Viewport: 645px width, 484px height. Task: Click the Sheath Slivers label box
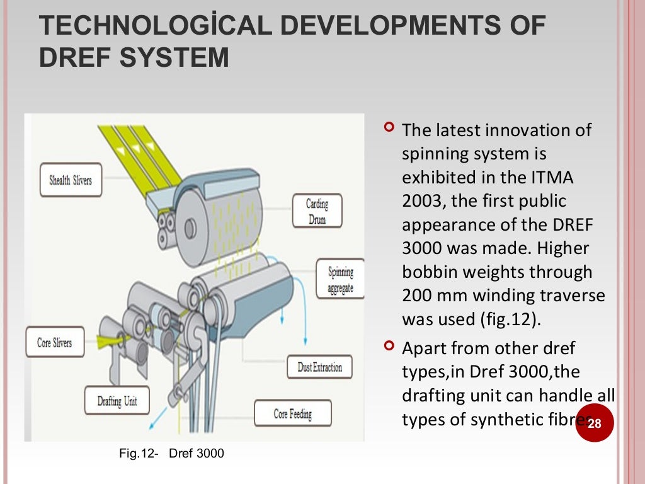point(70,180)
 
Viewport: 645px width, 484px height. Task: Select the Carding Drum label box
point(317,210)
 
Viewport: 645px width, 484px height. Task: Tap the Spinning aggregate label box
point(340,280)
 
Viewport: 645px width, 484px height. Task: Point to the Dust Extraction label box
point(320,367)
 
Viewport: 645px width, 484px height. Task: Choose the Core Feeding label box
point(292,414)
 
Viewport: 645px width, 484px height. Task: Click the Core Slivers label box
point(55,343)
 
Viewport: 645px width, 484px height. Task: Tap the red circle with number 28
point(594,423)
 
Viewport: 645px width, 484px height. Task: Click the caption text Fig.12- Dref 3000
point(171,452)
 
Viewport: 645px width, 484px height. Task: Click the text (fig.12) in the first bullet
point(507,319)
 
